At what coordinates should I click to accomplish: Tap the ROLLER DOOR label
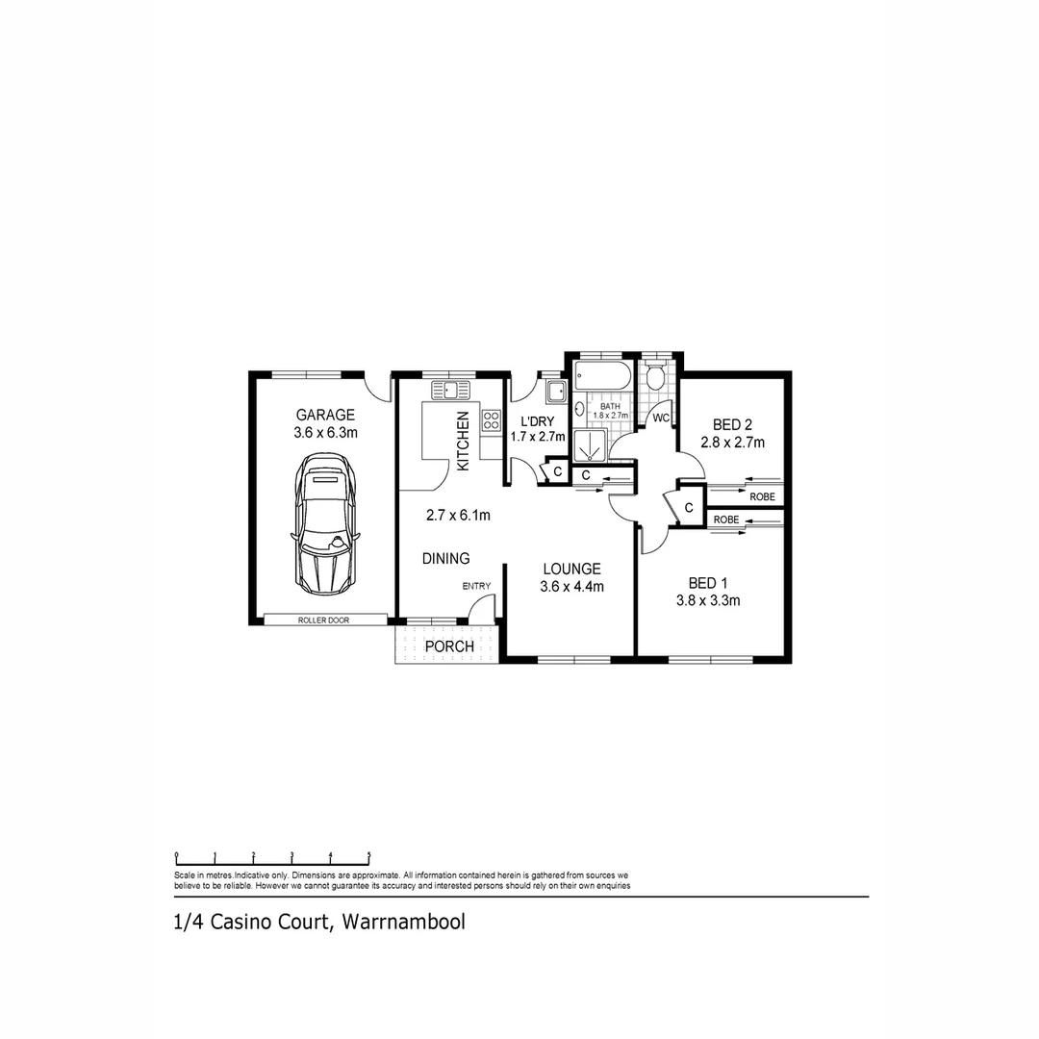pyautogui.click(x=323, y=621)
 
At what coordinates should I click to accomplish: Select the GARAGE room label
pyautogui.click(x=325, y=416)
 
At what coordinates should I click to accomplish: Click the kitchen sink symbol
pyautogui.click(x=449, y=390)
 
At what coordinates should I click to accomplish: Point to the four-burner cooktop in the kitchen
pyautogui.click(x=492, y=419)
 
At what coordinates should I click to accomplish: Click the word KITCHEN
pyautogui.click(x=463, y=441)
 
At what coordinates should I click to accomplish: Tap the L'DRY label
pyautogui.click(x=537, y=421)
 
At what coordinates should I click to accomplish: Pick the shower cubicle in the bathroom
pyautogui.click(x=591, y=447)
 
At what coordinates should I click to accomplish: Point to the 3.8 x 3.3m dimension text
pyautogui.click(x=707, y=601)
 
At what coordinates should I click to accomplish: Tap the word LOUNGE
pyautogui.click(x=570, y=569)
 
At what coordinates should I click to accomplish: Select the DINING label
pyautogui.click(x=445, y=558)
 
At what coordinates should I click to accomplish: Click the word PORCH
pyautogui.click(x=450, y=646)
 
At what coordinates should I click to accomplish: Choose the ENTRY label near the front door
pyautogui.click(x=476, y=586)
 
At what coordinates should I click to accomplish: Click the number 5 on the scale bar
pyautogui.click(x=369, y=854)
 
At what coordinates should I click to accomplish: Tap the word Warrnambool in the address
pyautogui.click(x=403, y=922)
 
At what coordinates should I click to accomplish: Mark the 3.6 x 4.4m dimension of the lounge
pyautogui.click(x=571, y=587)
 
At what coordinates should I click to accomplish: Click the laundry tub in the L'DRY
pyautogui.click(x=555, y=392)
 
